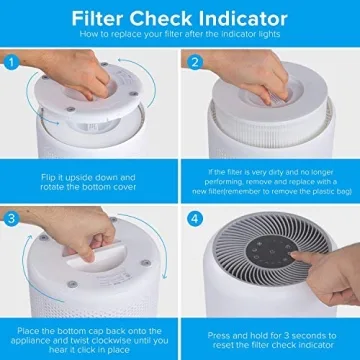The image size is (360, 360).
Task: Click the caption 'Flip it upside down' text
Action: (x=88, y=173)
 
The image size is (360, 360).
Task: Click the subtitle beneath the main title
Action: (x=180, y=35)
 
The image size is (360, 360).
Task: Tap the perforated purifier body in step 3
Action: (x=90, y=300)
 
